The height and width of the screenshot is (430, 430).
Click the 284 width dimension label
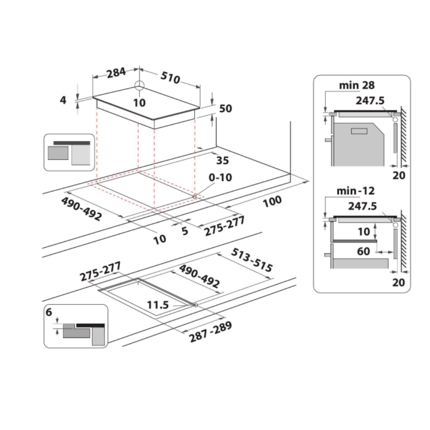point(116,73)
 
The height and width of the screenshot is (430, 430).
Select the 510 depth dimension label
point(170,77)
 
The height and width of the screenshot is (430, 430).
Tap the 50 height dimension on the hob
point(225,109)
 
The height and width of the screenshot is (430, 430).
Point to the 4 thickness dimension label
point(63,100)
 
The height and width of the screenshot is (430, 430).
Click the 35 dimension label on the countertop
point(222,160)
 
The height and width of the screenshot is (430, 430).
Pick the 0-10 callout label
point(220,178)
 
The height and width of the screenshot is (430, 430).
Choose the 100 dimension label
point(272,202)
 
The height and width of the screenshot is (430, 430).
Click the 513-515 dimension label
point(252,260)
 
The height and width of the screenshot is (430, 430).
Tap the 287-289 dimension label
point(211,332)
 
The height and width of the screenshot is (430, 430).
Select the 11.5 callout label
point(158,305)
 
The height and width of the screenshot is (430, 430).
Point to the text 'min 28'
point(357,85)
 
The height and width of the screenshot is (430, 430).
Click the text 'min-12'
point(356,191)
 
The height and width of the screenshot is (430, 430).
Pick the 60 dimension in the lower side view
point(363,252)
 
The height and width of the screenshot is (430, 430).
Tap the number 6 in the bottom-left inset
point(49,312)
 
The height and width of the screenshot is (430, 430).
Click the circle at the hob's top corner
point(139,85)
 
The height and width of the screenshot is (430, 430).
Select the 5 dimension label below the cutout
point(185,231)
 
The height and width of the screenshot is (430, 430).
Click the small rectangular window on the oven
point(359,131)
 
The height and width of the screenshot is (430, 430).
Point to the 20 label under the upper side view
point(399,175)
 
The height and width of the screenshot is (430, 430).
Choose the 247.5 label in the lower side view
point(362,206)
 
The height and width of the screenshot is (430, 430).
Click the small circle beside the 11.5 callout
point(196,305)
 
